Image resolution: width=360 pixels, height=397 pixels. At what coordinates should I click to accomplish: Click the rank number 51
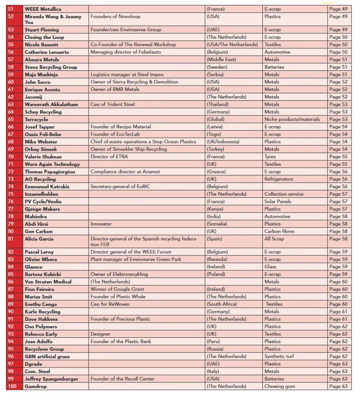[x=11, y=9]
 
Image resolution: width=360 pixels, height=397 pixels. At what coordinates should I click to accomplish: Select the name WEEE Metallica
[x=43, y=9]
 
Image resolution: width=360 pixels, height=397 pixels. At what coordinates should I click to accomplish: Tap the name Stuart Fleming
[x=41, y=30]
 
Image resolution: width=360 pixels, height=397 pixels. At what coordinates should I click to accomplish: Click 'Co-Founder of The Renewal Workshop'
[x=133, y=45]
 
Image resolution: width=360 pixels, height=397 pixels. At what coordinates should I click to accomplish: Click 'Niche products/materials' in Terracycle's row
[x=292, y=119]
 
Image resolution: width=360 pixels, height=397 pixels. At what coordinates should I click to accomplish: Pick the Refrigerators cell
[x=278, y=179]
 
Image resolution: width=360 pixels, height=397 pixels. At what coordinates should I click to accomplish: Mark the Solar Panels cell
[x=277, y=201]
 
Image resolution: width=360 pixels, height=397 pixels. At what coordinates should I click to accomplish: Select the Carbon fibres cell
[x=279, y=231]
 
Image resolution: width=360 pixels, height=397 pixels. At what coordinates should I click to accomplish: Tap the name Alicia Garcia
[x=39, y=239]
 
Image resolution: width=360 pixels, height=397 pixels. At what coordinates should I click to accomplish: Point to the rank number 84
[x=11, y=267]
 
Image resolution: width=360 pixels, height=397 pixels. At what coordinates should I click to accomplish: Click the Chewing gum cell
[x=280, y=386]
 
